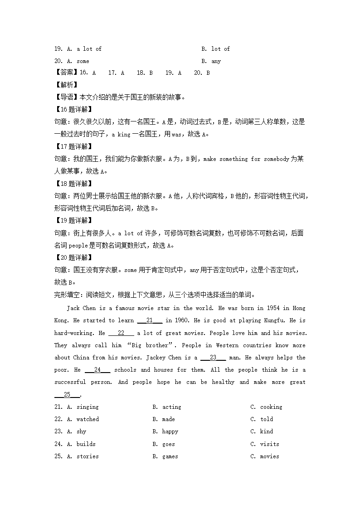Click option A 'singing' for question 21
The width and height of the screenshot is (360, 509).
87,407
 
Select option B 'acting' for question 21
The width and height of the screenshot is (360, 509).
171,407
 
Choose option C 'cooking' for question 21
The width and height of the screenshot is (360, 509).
271,407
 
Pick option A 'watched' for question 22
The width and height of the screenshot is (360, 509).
88,419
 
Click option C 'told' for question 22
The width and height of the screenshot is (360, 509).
267,419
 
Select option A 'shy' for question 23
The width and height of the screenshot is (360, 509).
81,431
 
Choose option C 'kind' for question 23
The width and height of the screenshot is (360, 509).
267,431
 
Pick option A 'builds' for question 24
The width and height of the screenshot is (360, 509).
86,444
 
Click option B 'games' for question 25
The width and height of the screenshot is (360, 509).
170,456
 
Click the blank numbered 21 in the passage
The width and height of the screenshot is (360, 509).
150,320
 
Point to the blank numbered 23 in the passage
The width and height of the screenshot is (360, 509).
213,358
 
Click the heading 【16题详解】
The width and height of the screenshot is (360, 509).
73,109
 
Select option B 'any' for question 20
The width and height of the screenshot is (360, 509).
216,61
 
